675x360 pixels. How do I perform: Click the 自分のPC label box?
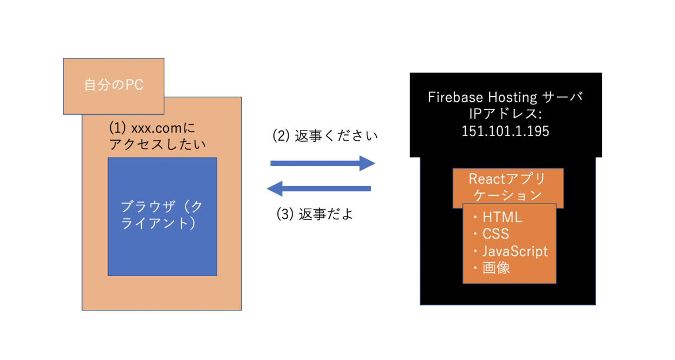[x=114, y=85]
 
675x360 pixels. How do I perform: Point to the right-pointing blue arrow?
[x=322, y=163]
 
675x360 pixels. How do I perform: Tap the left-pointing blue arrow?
[x=319, y=188]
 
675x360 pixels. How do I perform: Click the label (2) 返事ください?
[x=325, y=136]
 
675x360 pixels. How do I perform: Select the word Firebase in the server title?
[x=453, y=97]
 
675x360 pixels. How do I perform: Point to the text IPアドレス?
[x=505, y=114]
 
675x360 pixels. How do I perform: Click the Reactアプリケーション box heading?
[x=507, y=187]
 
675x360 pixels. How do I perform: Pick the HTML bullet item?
[x=502, y=217]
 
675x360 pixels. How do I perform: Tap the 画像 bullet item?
[x=496, y=268]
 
